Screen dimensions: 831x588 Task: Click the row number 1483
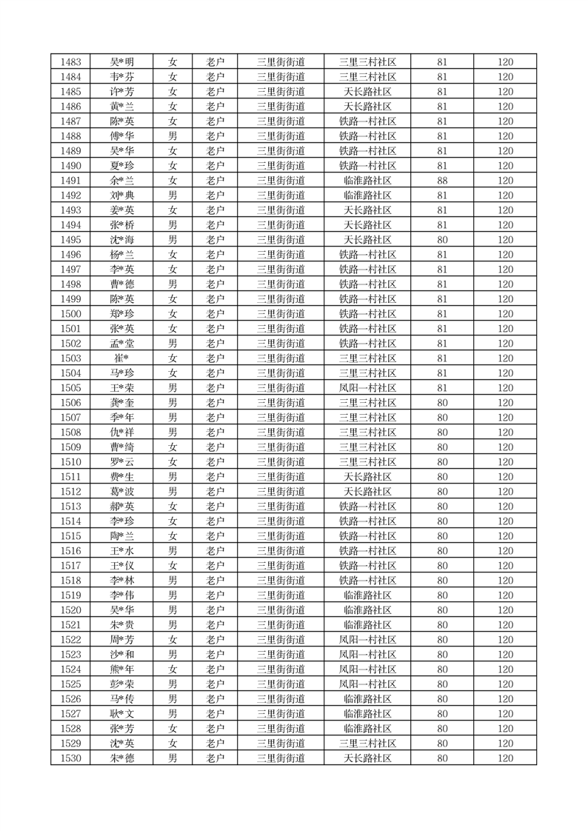[x=71, y=62]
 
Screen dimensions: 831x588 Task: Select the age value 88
[x=442, y=181]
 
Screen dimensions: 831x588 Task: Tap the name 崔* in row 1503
[x=121, y=358]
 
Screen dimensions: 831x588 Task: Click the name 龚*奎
[x=121, y=403]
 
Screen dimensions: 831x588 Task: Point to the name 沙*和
[x=121, y=655]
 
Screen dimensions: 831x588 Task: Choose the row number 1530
[x=71, y=758]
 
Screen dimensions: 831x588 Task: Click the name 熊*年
[x=121, y=670]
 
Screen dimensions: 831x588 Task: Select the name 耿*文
[x=121, y=714]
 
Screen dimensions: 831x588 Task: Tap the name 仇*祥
[x=121, y=433]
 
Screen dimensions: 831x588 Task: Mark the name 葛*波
[x=121, y=492]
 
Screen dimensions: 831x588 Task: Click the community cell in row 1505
[x=367, y=388]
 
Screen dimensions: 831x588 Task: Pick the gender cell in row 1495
[x=173, y=240]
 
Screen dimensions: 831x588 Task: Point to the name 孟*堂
[x=121, y=344]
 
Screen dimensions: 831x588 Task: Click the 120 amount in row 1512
[x=505, y=492]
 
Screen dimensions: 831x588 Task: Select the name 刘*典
[x=121, y=196]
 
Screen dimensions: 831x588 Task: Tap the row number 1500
[x=71, y=314]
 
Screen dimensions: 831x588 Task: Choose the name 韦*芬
[x=121, y=77]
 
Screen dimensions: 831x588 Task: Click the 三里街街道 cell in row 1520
[x=281, y=610]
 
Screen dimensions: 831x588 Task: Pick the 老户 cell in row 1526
[x=215, y=699]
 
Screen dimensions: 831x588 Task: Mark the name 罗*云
[x=121, y=462]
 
